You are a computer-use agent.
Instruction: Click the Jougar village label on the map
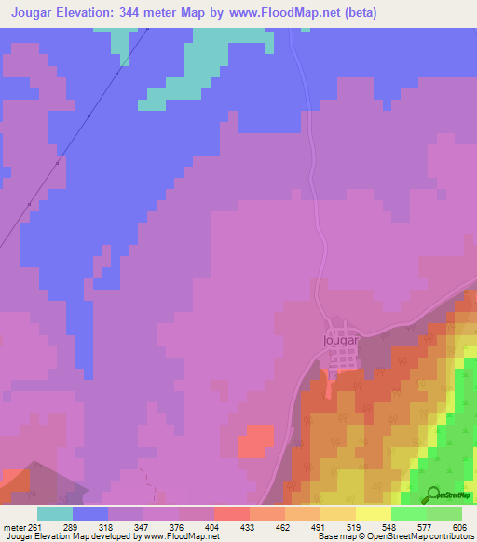(339, 340)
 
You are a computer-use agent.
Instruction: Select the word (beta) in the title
(355, 14)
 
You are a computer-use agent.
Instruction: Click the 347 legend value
(142, 527)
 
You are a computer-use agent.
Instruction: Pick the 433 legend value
(248, 527)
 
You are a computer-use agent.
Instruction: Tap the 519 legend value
(354, 527)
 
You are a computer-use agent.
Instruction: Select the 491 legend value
(319, 527)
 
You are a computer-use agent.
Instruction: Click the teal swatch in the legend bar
(55, 513)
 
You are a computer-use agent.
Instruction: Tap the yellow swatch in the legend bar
(374, 513)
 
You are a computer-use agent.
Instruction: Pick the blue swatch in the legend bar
(90, 513)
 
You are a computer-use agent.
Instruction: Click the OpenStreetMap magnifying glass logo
(432, 495)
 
